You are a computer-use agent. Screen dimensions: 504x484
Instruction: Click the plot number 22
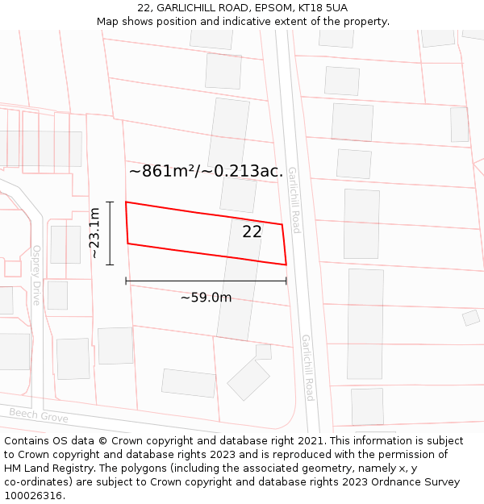pos(252,232)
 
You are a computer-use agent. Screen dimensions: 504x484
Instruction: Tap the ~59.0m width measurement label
pos(206,298)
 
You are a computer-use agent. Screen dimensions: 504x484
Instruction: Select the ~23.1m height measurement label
pos(94,233)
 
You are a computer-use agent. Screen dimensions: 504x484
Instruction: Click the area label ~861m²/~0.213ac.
pos(206,171)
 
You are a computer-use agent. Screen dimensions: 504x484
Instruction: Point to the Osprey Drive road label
pos(36,275)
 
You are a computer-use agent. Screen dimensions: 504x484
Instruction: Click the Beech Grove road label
pos(39,414)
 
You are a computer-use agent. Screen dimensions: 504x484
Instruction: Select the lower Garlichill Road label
pos(307,367)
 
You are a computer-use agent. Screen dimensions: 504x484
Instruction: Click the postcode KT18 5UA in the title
pos(319,7)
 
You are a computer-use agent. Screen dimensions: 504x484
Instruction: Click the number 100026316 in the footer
pos(35,496)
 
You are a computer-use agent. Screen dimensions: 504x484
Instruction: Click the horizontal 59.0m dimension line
pos(206,281)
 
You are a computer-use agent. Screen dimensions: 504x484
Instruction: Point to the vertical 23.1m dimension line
pos(111,233)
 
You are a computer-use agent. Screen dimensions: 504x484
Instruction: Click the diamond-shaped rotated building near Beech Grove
pos(248,380)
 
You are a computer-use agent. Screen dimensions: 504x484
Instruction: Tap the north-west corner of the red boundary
pos(126,202)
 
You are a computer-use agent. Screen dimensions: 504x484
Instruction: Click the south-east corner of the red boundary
pos(286,264)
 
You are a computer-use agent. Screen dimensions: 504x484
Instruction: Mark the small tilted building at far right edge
pos(471,318)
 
